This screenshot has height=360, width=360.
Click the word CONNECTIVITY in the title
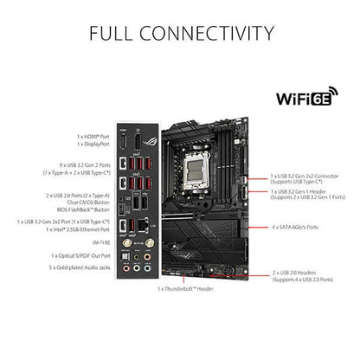[x=203, y=34]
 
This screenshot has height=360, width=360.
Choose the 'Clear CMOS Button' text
[x=85, y=202]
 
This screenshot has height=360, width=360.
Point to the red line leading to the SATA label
[x=260, y=228]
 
